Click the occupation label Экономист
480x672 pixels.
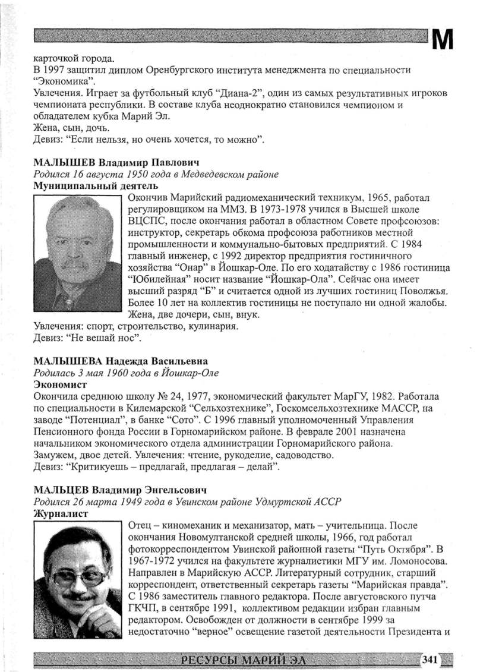(59, 384)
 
